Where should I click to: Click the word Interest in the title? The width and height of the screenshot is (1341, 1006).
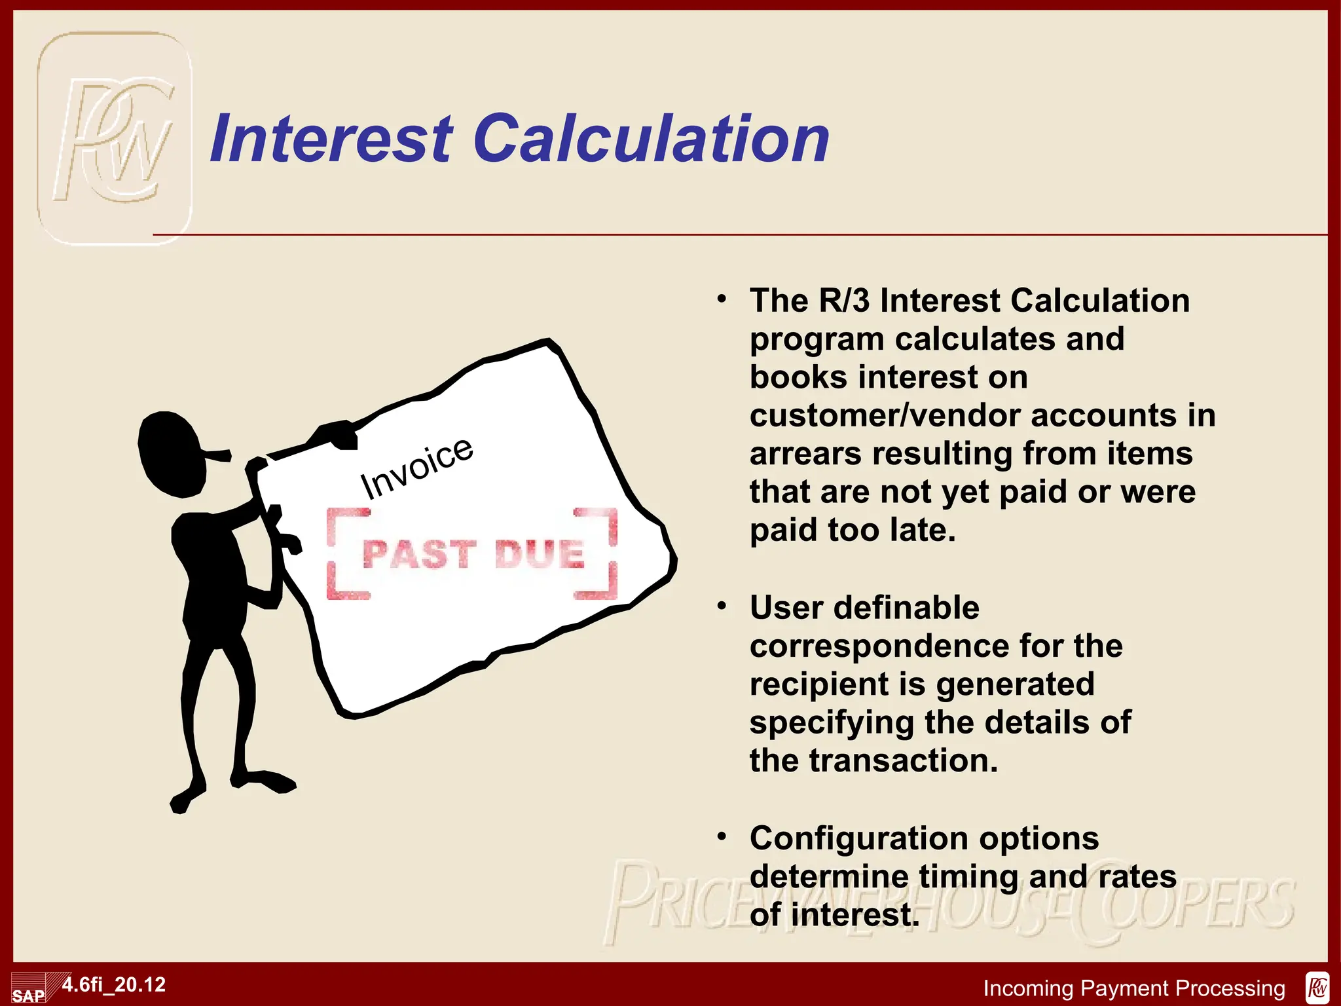331,139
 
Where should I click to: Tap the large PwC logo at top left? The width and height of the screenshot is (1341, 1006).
115,139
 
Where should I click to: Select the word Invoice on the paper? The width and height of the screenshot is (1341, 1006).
416,467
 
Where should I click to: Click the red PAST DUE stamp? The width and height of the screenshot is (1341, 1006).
472,554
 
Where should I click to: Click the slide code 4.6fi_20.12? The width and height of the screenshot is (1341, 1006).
114,984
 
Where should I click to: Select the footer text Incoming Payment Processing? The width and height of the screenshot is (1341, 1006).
1134,988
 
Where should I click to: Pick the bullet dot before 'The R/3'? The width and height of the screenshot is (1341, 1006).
722,300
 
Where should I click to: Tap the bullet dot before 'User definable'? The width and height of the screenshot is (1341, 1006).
722,606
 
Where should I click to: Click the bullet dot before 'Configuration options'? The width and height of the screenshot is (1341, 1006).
722,837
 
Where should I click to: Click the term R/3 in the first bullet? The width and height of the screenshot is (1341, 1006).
844,301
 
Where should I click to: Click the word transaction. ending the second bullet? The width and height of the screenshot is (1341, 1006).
904,760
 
